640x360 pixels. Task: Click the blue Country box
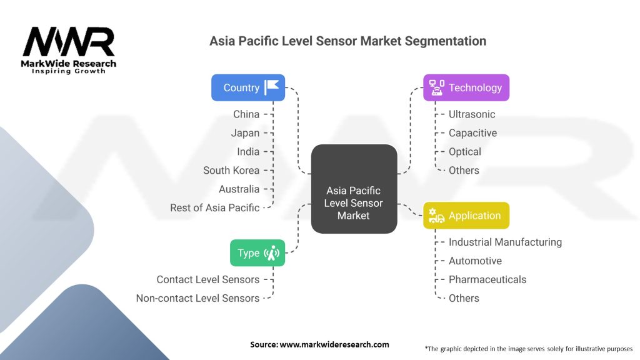pyautogui.click(x=248, y=87)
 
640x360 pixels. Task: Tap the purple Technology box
pyautogui.click(x=466, y=87)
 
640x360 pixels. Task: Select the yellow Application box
pyautogui.click(x=466, y=216)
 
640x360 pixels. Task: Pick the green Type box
pyautogui.click(x=257, y=253)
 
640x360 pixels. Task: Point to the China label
pyautogui.click(x=246, y=114)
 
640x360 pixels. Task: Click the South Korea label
pyautogui.click(x=231, y=170)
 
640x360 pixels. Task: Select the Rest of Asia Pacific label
pyautogui.click(x=214, y=207)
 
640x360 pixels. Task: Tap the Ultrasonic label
pyautogui.click(x=472, y=114)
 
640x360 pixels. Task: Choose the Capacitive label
pyautogui.click(x=472, y=133)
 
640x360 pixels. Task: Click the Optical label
pyautogui.click(x=465, y=152)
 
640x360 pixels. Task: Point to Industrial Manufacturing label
pyautogui.click(x=505, y=242)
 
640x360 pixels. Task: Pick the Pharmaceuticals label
pyautogui.click(x=487, y=279)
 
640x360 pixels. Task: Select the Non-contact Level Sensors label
pyautogui.click(x=197, y=298)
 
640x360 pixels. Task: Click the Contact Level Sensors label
pyautogui.click(x=207, y=279)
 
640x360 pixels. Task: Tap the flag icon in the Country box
pyautogui.click(x=272, y=87)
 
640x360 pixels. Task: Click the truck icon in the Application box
pyautogui.click(x=437, y=216)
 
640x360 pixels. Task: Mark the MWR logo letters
pyautogui.click(x=69, y=42)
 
